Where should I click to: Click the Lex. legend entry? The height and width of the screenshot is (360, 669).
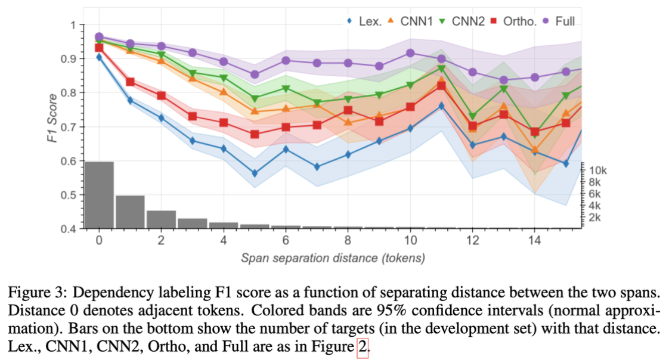364,21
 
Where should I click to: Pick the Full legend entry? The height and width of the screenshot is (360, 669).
559,21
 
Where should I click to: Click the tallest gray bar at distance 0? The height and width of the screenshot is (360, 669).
99,195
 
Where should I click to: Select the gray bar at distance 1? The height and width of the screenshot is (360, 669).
130,212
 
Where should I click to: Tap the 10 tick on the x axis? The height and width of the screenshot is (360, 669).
410,240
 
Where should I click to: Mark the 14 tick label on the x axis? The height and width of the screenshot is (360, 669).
534,240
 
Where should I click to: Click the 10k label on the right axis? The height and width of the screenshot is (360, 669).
598,172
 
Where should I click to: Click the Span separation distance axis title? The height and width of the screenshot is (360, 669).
332,258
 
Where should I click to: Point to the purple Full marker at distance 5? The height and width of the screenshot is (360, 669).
255,75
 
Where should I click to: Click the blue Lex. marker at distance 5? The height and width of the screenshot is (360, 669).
255,173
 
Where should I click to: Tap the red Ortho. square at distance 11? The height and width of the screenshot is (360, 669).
441,86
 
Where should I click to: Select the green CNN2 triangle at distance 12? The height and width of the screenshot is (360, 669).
472,117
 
